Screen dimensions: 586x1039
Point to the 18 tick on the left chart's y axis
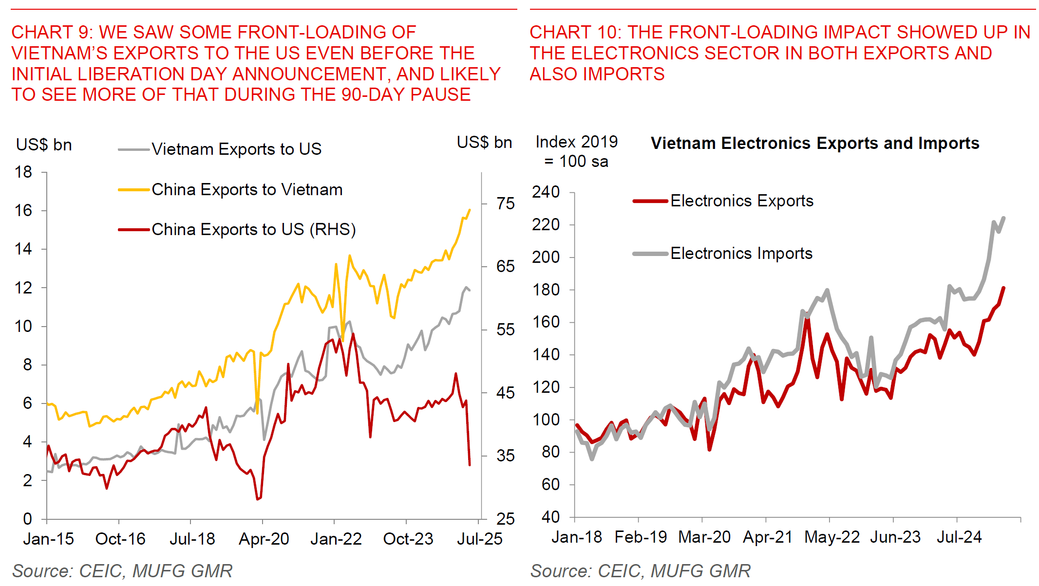pyautogui.click(x=23, y=172)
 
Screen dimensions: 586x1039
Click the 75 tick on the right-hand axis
pyautogui.click(x=506, y=203)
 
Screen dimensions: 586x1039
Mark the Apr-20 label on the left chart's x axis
pyautogui.click(x=264, y=539)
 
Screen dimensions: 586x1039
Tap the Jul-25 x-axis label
pyautogui.click(x=479, y=539)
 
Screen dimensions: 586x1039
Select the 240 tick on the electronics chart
pyautogui.click(x=546, y=192)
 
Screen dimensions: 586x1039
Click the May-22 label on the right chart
pyautogui.click(x=832, y=537)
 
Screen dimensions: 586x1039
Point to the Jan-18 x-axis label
pyautogui.click(x=577, y=537)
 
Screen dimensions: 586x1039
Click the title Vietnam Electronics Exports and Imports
pyautogui.click(x=815, y=143)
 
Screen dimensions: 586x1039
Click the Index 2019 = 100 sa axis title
pyautogui.click(x=576, y=151)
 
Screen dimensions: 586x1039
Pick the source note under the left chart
pyautogui.click(x=122, y=570)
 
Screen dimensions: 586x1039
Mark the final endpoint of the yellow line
pyautogui.click(x=470, y=210)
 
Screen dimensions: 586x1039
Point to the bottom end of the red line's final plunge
pyautogui.click(x=470, y=465)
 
